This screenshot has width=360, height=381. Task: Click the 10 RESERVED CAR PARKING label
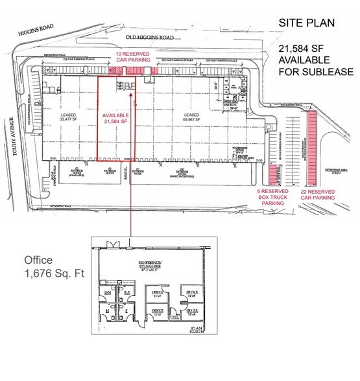tap(132, 57)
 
